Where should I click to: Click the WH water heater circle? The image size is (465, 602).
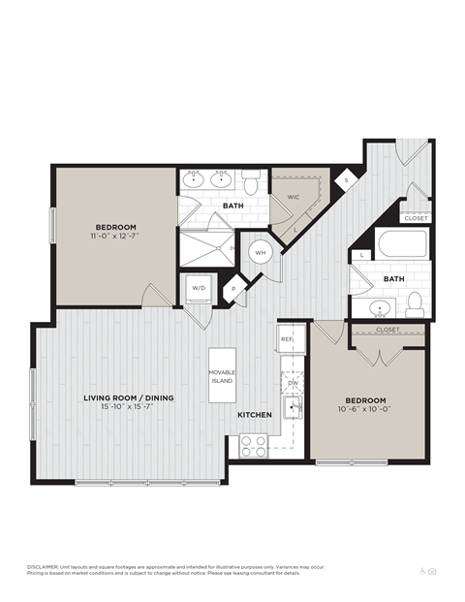pos(261,252)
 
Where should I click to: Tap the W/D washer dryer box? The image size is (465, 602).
pos(198,289)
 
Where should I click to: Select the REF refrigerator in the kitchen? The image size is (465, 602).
pos(288,340)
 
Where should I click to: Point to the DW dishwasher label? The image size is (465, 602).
pos(293,383)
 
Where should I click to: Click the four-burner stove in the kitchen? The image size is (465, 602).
pos(254,446)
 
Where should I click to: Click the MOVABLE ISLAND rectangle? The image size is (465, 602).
pos(223,376)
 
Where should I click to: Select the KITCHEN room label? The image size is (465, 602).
pos(255,415)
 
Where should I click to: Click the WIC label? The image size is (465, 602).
pos(293,197)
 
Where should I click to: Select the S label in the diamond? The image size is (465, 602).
pos(347,179)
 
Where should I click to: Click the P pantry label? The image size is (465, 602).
pos(233,288)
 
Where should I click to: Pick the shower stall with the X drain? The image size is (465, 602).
pos(205,248)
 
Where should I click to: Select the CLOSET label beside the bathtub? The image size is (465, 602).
pos(416,218)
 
